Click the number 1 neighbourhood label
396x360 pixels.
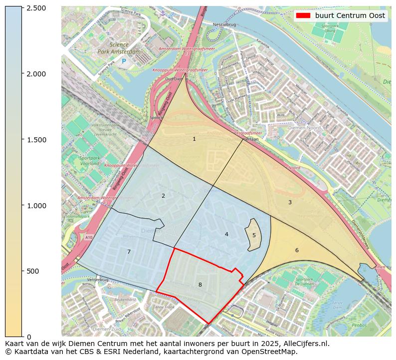[194, 139]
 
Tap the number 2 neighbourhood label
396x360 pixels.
[163, 196]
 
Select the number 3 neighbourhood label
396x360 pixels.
[290, 202]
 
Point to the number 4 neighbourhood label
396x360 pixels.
[226, 234]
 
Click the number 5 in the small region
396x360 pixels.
[254, 235]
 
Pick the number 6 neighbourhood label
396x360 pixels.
[297, 250]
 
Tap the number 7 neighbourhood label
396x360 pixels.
[129, 252]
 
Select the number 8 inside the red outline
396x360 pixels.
[200, 285]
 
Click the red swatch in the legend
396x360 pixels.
[303, 15]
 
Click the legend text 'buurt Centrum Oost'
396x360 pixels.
[350, 15]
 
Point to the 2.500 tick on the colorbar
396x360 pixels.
[36, 8]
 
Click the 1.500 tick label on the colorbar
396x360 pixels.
[36, 140]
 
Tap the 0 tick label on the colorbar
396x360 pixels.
[28, 337]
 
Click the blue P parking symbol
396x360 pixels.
[124, 61]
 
